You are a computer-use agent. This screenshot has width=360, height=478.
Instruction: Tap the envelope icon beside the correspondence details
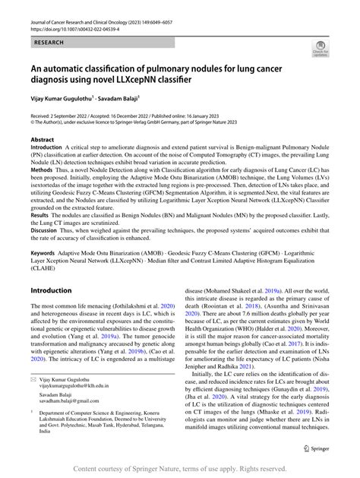34,399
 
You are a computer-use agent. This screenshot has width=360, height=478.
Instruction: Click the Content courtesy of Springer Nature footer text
179,468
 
